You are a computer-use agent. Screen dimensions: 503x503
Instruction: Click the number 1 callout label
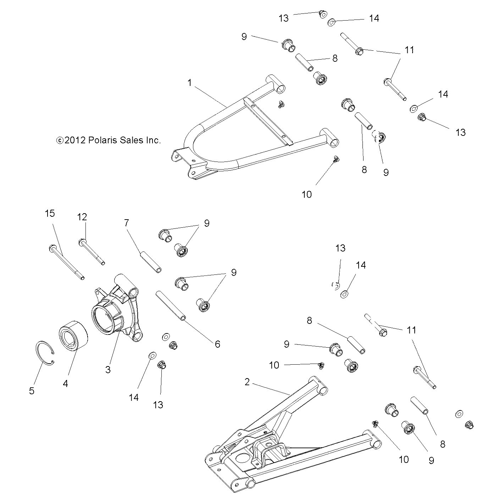(189, 83)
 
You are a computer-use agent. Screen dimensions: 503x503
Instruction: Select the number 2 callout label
(247, 382)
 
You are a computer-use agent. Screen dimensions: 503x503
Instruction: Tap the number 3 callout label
(108, 369)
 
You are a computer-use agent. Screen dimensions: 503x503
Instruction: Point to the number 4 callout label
(65, 383)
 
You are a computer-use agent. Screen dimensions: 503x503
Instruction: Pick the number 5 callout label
(32, 391)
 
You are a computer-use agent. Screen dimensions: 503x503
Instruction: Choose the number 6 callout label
(217, 344)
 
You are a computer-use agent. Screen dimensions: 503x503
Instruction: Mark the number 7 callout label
(127, 223)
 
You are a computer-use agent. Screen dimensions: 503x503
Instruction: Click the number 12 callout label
(82, 217)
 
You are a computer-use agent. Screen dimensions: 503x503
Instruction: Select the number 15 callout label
(50, 213)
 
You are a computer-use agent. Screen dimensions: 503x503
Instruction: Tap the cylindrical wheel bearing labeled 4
(73, 335)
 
